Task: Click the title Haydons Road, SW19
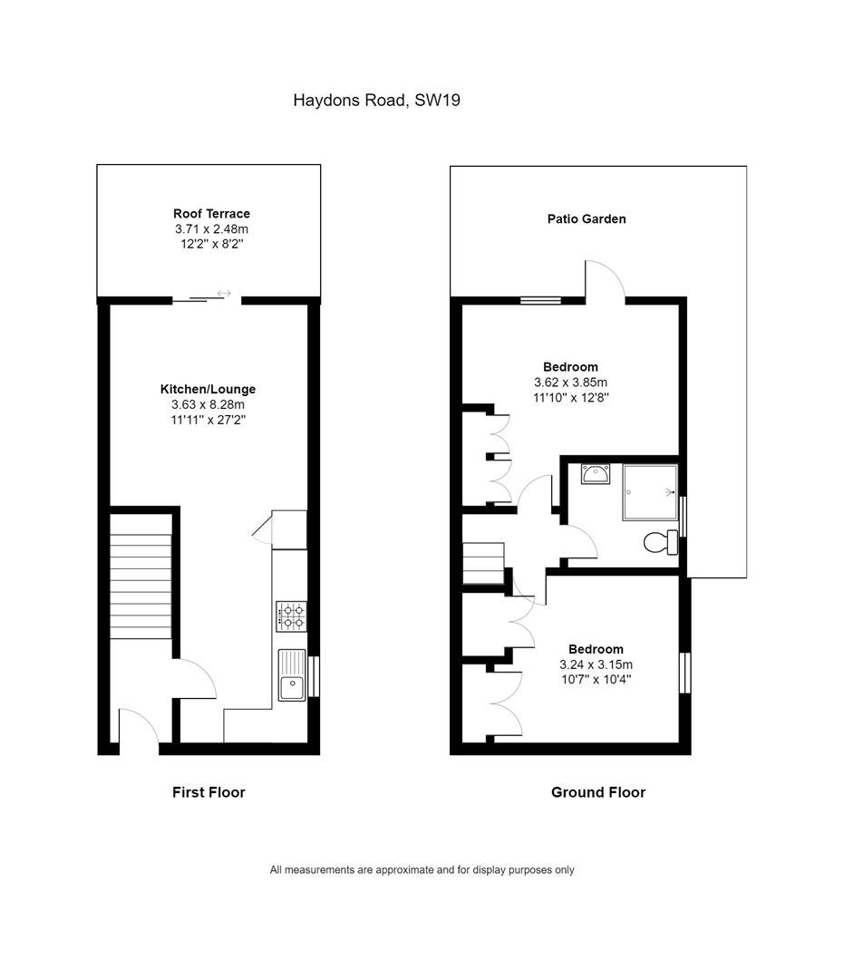click(x=376, y=101)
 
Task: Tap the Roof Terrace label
click(x=211, y=214)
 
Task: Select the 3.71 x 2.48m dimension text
click(x=211, y=229)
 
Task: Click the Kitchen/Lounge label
click(x=208, y=389)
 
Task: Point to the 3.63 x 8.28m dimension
click(x=208, y=404)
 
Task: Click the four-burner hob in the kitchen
click(x=292, y=616)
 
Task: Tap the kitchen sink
click(x=292, y=675)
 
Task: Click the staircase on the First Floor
click(x=141, y=576)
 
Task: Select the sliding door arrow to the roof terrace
click(x=224, y=293)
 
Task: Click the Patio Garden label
click(x=587, y=219)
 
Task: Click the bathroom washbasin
click(x=595, y=474)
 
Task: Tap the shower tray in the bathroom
click(x=650, y=492)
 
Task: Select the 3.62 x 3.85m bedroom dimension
click(x=570, y=383)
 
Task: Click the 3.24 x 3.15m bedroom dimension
click(x=597, y=664)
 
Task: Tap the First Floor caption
click(x=209, y=792)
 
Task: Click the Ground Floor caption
click(x=598, y=792)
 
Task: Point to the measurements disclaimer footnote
click(x=422, y=869)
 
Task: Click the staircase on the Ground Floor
click(x=483, y=563)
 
